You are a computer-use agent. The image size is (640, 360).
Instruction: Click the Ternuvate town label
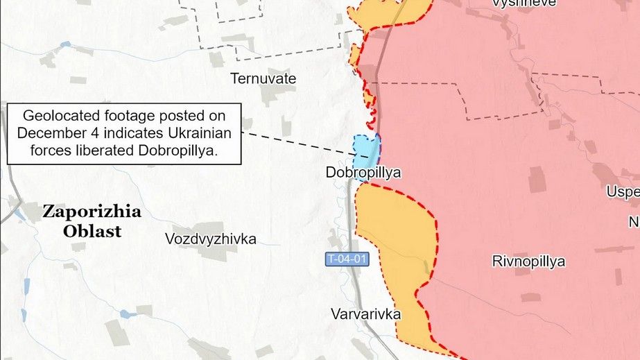(263, 79)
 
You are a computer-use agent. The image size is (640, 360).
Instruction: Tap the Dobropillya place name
(363, 173)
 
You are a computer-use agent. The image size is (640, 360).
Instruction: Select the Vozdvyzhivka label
(211, 239)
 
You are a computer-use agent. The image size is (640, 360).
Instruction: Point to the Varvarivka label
(366, 314)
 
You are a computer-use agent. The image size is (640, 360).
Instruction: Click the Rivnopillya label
(528, 262)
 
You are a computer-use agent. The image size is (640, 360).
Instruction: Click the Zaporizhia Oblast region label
(92, 221)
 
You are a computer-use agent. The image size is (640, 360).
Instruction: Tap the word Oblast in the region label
(92, 231)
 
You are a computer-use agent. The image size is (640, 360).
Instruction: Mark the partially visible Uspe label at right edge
(623, 191)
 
